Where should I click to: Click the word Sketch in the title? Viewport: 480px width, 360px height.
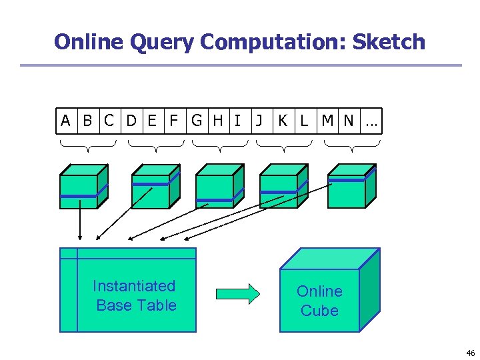pyautogui.click(x=388, y=42)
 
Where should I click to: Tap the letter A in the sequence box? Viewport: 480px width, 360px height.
pyautogui.click(x=65, y=121)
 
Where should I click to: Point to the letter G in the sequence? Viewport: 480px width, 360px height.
pyautogui.click(x=197, y=121)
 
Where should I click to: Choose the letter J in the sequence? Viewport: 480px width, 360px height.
pyautogui.click(x=259, y=121)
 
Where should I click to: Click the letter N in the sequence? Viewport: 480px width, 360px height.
pyautogui.click(x=349, y=121)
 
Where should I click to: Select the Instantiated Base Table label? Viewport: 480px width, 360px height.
pyautogui.click(x=135, y=295)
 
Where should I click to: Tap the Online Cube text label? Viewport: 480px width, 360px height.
pyautogui.click(x=319, y=301)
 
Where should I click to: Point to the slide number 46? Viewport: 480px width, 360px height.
pyautogui.click(x=470, y=353)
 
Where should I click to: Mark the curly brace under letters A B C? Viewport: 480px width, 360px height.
pyautogui.click(x=87, y=143)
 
